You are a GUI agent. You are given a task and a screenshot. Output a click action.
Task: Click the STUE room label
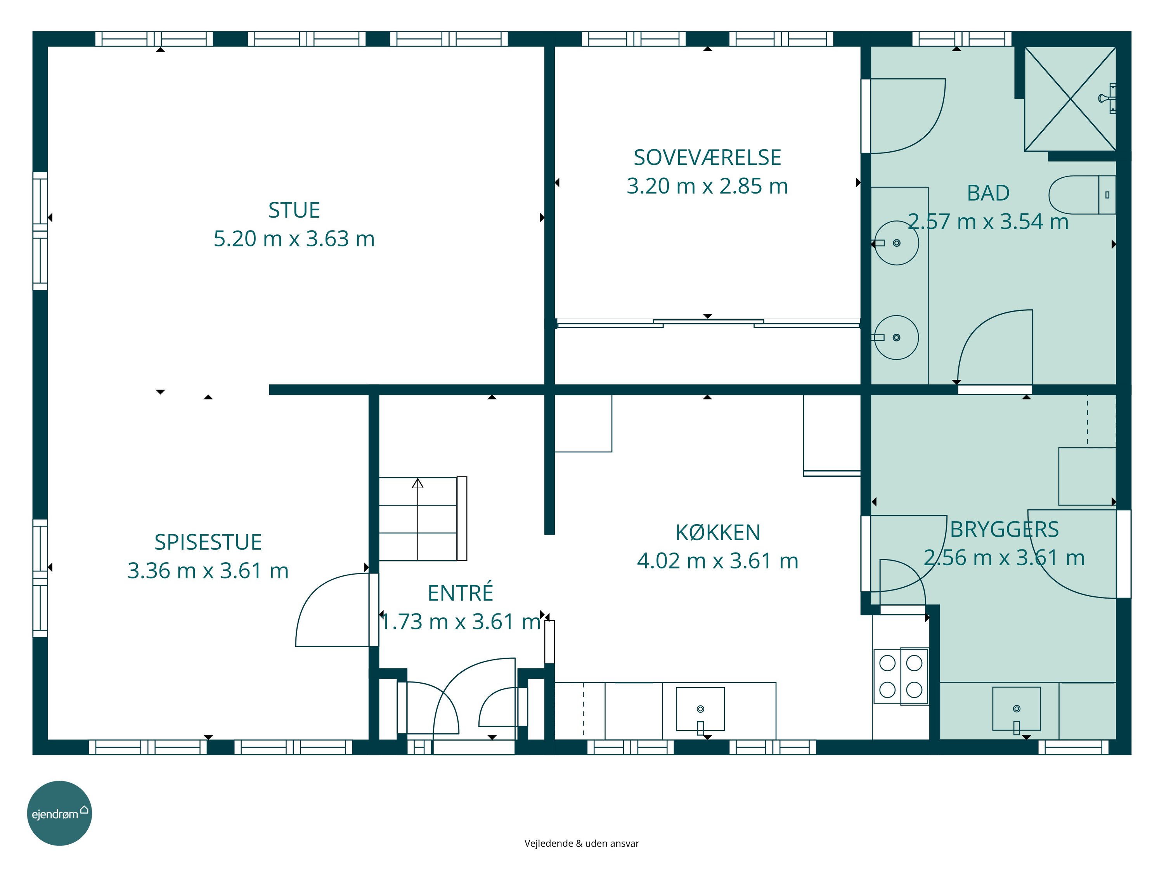[x=294, y=210]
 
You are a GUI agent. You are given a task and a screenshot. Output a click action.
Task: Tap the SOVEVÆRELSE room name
[x=707, y=158]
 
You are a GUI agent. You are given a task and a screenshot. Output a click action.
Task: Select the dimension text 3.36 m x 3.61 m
[x=208, y=571]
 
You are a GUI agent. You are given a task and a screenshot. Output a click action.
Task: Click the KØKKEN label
[x=718, y=533]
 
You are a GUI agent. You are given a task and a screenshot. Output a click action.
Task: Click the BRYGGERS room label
[x=1004, y=529]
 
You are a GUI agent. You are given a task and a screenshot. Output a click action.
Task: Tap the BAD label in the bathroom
[x=988, y=193]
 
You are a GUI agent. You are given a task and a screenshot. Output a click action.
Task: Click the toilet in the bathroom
[x=1082, y=195]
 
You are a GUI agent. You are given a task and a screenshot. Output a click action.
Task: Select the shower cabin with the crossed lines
[x=1070, y=99]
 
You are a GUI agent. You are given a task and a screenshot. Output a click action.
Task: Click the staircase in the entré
[x=423, y=519]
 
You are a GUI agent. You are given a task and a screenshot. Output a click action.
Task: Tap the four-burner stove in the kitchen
[x=901, y=677]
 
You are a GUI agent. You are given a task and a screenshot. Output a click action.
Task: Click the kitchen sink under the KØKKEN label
[x=700, y=709]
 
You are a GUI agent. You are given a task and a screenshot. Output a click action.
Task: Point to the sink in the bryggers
[x=1017, y=709]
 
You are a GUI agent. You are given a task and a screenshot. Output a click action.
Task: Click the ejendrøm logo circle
[x=59, y=813]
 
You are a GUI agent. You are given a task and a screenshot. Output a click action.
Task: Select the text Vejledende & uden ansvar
[x=582, y=844]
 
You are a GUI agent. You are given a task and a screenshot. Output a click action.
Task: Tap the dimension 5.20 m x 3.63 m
[x=294, y=239]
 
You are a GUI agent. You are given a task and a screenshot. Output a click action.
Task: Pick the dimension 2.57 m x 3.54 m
[x=988, y=222]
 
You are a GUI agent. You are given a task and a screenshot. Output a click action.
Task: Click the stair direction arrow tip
[x=418, y=479]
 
